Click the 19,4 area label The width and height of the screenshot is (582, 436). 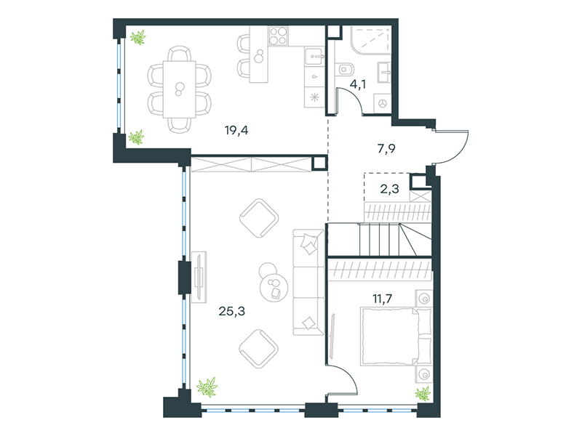pyautogui.click(x=236, y=131)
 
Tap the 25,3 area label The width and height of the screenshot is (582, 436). pyautogui.click(x=231, y=312)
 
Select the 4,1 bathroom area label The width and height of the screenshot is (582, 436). pyautogui.click(x=358, y=84)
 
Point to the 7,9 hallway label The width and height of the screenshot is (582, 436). pyautogui.click(x=386, y=149)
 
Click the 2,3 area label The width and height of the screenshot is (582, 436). pyautogui.click(x=389, y=189)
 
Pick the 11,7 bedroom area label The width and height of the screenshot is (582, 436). pyautogui.click(x=383, y=299)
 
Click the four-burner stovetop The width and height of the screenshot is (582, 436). pyautogui.click(x=279, y=36)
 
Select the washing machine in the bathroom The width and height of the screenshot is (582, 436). pyautogui.click(x=383, y=102)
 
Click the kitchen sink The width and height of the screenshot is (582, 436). pyautogui.click(x=314, y=57)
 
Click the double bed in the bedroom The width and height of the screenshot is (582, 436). pyautogui.click(x=396, y=336)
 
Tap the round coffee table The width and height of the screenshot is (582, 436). pyautogui.click(x=274, y=287)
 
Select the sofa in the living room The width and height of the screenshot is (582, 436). pyautogui.click(x=308, y=282)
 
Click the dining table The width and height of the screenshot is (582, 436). pyautogui.click(x=179, y=89)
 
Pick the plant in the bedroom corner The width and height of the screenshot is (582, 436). pyautogui.click(x=423, y=394)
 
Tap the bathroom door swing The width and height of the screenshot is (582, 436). pyautogui.click(x=352, y=97)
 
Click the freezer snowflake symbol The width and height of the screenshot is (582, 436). pyautogui.click(x=314, y=97)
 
